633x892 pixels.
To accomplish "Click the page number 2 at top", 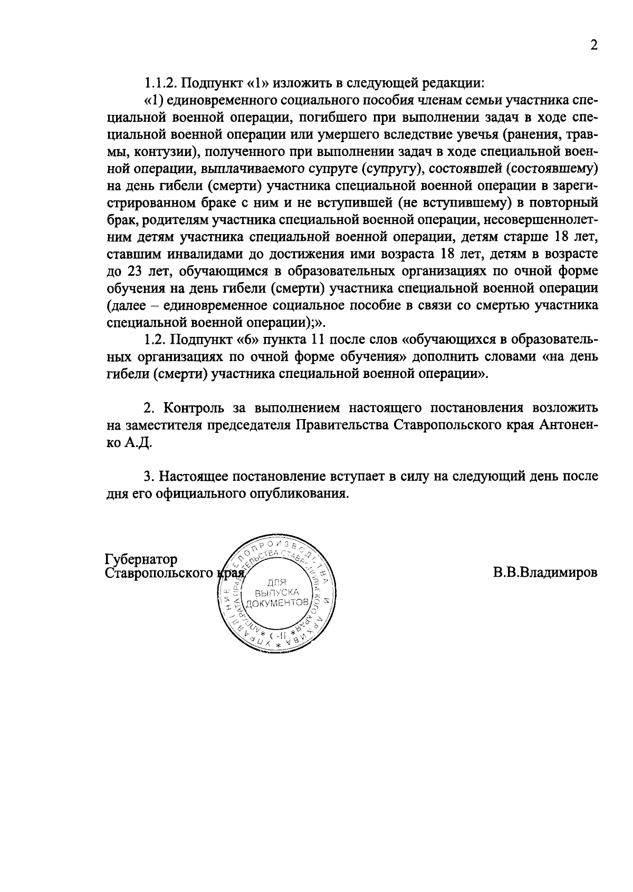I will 593,46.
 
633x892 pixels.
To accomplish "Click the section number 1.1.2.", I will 162,83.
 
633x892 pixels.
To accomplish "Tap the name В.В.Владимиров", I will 545,573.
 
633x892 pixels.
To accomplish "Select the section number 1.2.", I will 156,340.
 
